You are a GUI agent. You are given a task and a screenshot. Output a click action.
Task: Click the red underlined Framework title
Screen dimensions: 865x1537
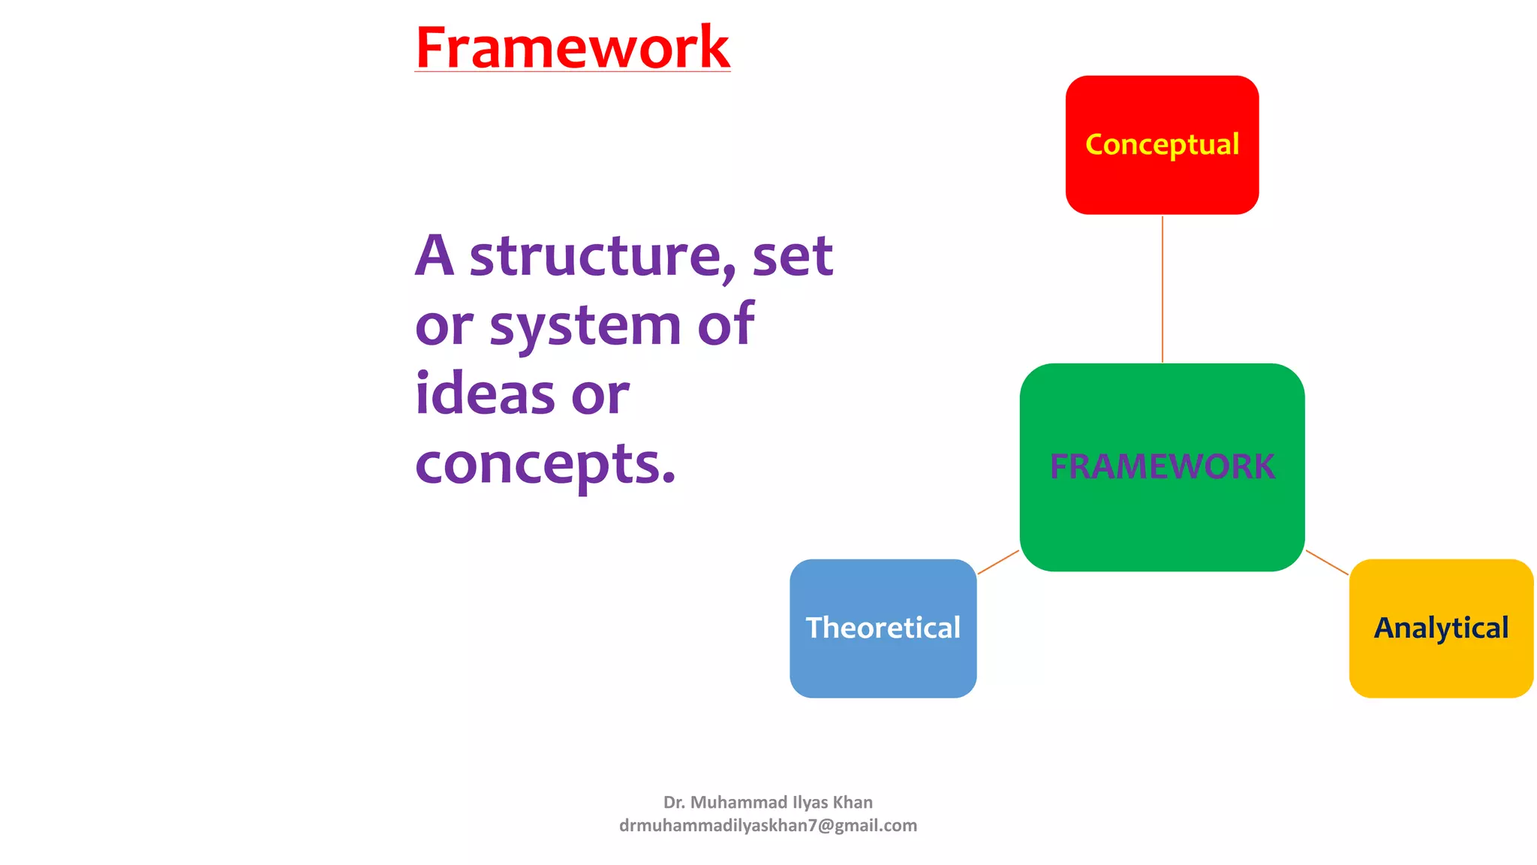(572, 48)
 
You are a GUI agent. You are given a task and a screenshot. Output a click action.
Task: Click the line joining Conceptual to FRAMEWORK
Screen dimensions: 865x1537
(1163, 289)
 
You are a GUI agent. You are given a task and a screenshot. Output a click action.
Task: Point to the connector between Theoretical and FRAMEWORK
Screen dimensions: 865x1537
(998, 562)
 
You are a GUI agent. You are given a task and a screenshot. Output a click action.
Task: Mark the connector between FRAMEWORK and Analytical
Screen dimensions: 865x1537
(1327, 562)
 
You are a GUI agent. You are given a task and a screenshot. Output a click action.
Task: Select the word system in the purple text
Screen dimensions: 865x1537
(585, 327)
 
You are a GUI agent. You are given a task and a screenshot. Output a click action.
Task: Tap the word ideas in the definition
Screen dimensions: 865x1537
(485, 395)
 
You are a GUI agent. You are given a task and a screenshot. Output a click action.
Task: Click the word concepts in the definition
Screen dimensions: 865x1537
(545, 465)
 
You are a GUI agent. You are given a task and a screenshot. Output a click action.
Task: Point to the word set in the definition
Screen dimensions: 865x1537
(793, 257)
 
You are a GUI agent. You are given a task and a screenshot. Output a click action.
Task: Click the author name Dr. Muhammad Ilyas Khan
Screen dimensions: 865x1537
(768, 802)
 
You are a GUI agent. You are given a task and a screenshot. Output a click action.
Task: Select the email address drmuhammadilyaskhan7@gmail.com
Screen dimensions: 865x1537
(768, 825)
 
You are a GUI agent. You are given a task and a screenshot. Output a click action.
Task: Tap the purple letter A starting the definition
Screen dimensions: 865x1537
(435, 257)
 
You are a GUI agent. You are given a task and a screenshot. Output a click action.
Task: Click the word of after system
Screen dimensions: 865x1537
(725, 325)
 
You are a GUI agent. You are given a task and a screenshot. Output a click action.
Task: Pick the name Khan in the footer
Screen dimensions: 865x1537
(853, 802)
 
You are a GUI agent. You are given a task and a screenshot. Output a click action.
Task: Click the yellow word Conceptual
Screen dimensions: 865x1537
(1162, 144)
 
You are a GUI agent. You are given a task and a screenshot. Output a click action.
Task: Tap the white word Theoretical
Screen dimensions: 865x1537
(883, 628)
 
